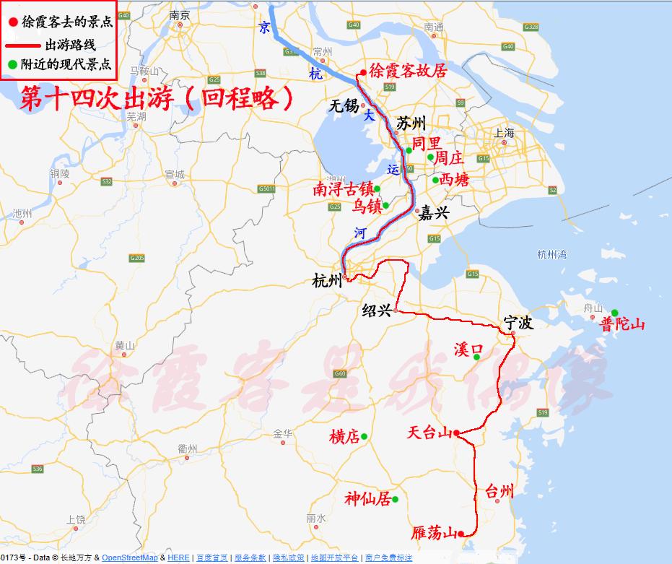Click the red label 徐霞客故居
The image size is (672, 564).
[x=408, y=71]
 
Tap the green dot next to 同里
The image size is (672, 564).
[x=409, y=150]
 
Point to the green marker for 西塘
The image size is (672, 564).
[x=435, y=181]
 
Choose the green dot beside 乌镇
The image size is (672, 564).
[x=385, y=205]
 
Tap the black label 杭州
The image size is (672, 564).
[x=327, y=281]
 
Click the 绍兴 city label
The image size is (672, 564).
[x=376, y=311]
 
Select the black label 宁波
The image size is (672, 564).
[x=518, y=323]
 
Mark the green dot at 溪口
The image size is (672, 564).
[x=477, y=355]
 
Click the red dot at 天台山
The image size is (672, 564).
[x=457, y=433]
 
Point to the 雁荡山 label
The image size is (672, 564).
[x=434, y=534]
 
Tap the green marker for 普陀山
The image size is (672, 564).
[x=614, y=313]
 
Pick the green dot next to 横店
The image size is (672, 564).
[x=365, y=436]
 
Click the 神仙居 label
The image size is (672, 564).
[x=367, y=499]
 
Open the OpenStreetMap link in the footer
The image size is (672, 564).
[x=129, y=558]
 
